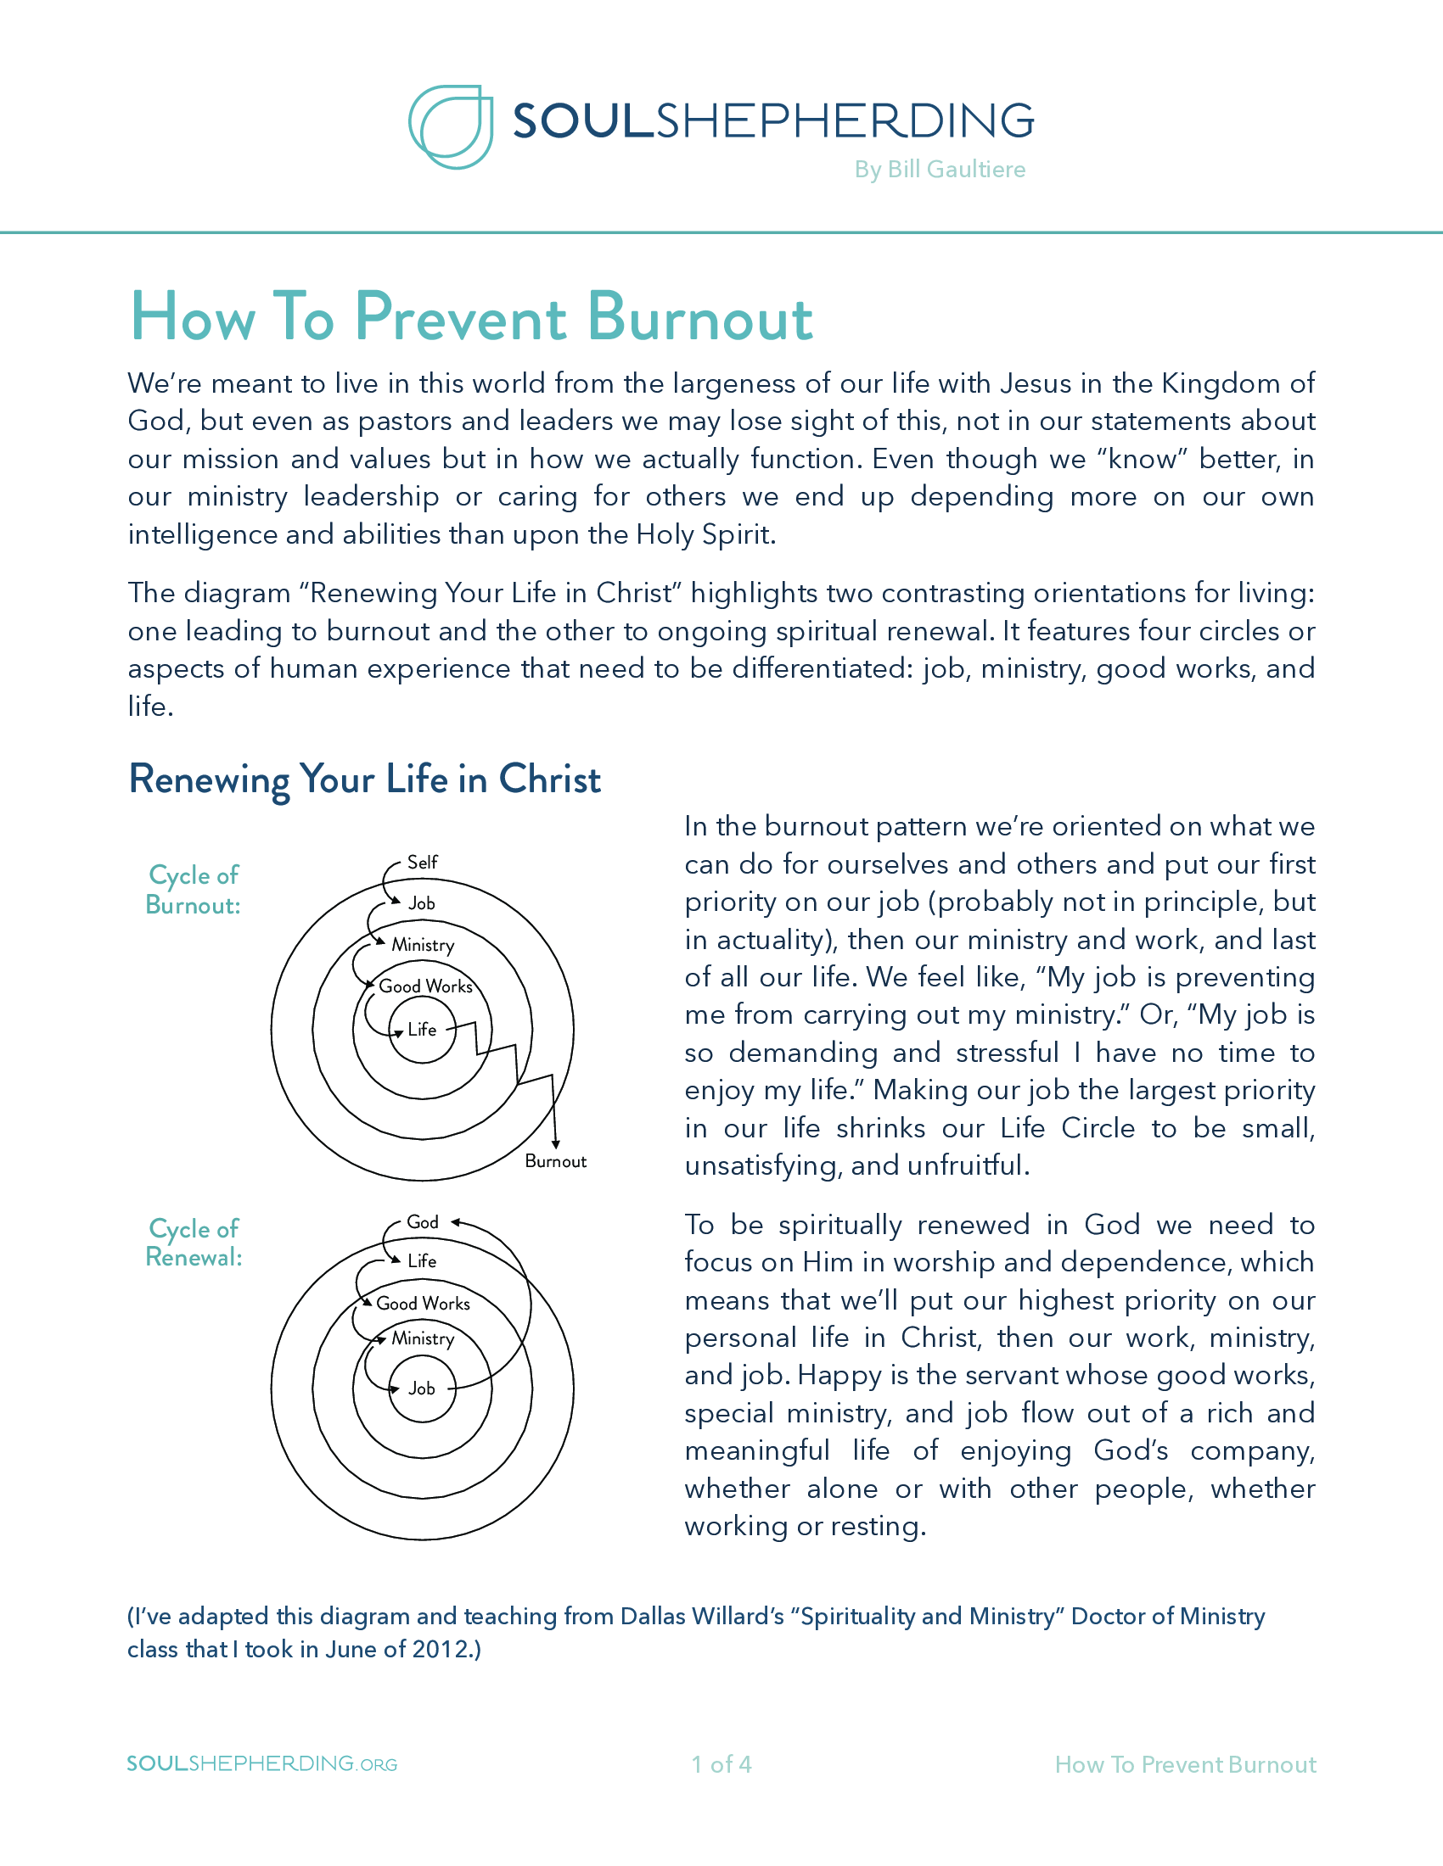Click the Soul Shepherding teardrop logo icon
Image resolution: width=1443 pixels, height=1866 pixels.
451,126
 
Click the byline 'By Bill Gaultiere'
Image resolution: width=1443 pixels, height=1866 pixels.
940,169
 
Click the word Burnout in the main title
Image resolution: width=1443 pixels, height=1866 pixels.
699,318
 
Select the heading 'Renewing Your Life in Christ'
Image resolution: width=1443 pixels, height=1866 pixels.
364,779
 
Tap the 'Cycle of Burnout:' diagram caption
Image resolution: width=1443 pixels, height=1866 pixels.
194,890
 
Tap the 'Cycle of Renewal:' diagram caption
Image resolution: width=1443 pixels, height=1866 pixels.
194,1243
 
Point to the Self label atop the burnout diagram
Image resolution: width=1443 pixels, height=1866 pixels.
423,862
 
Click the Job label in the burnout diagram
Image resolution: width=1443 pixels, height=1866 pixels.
422,903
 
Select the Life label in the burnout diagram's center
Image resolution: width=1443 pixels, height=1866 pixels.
423,1030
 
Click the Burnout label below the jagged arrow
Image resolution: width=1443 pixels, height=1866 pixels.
556,1161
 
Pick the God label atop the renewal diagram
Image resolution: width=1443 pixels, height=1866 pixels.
423,1221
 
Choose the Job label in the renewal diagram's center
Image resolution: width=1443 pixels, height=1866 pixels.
422,1388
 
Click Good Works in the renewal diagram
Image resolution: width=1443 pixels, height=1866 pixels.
424,1303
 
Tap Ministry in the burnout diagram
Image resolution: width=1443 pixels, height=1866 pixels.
423,945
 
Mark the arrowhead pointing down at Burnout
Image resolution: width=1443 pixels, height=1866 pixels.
556,1144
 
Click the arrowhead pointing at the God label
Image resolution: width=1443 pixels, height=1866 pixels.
456,1221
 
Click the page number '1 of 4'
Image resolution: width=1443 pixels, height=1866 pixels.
721,1764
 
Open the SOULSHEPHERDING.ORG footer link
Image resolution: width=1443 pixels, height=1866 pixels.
261,1763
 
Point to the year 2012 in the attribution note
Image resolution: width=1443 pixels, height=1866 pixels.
442,1649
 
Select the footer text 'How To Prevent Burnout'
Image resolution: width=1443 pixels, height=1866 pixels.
1185,1764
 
